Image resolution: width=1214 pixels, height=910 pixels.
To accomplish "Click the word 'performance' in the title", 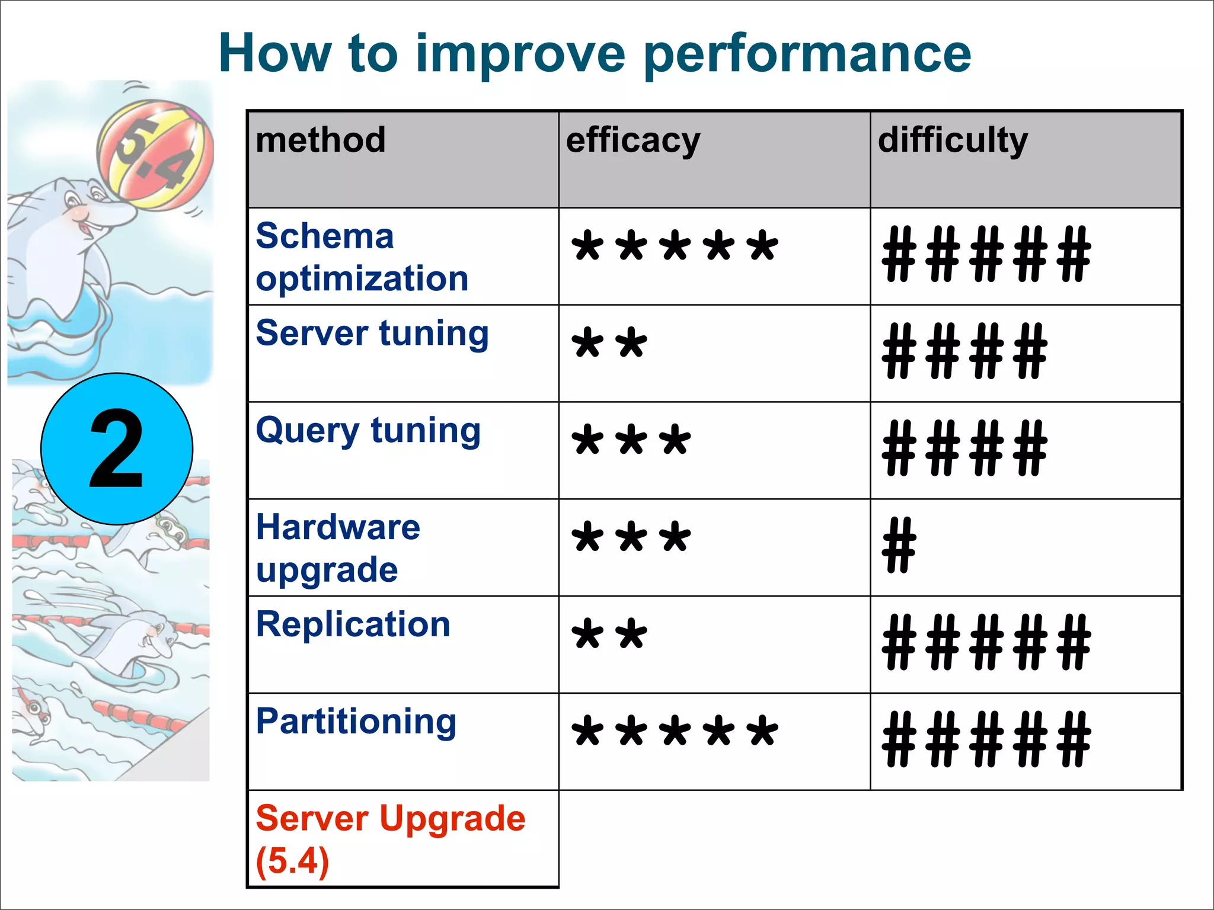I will [x=807, y=55].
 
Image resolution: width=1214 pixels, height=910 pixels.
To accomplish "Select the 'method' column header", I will [x=321, y=140].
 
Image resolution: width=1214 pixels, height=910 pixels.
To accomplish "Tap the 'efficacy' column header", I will [x=633, y=142].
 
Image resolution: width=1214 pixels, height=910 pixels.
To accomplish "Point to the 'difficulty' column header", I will [x=953, y=142].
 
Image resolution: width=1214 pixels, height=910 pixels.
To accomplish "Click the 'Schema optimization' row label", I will [x=362, y=257].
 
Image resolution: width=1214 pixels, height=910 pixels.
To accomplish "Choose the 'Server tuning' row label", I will [x=372, y=334].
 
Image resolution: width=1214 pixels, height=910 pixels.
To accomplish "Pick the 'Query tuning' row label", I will [x=368, y=431].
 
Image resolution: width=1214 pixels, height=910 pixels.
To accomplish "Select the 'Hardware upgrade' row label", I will [x=338, y=548].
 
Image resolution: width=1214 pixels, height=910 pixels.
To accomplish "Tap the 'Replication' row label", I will [x=353, y=624].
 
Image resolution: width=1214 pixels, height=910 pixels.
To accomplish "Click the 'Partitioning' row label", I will [x=356, y=722].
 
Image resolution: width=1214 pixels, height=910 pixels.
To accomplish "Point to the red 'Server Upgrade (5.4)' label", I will [x=390, y=839].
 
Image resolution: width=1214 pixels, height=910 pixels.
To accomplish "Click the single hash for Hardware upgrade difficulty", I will [x=899, y=545].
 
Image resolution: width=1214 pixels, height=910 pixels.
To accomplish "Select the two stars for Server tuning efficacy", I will [x=609, y=344].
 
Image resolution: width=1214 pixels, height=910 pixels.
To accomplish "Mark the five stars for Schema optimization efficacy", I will [x=675, y=246].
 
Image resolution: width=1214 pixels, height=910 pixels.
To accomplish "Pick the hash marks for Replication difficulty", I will [x=986, y=642].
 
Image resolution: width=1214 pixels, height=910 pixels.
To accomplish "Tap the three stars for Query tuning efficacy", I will [x=631, y=441].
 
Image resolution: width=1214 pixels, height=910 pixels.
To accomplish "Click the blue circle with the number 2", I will [x=117, y=449].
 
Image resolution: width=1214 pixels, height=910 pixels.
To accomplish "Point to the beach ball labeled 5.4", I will [x=155, y=155].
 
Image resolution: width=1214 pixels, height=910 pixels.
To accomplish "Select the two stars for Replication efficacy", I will [x=609, y=635].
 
